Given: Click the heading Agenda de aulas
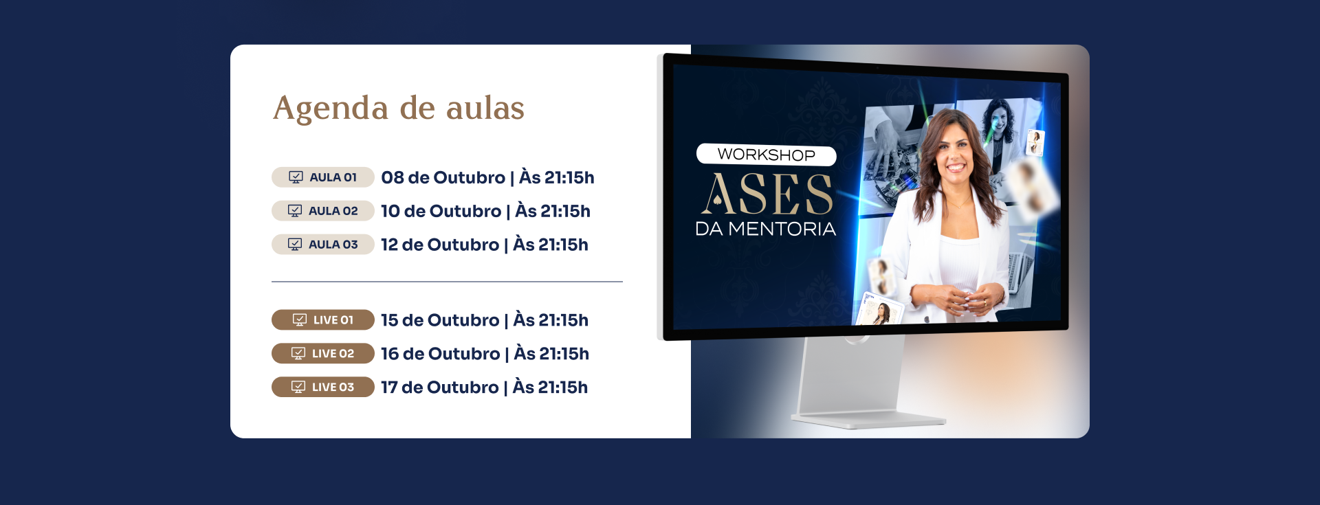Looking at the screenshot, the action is pos(399,109).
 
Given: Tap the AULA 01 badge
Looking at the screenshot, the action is pos(323,177).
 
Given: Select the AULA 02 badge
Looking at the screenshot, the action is pos(323,211).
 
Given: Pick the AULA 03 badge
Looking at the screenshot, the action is pos(323,245).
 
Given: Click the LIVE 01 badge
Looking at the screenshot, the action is pos(323,320).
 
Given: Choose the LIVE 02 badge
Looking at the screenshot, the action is pos(323,354).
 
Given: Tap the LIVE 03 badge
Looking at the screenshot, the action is pos(323,388).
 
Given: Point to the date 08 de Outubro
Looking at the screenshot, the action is pos(443,178).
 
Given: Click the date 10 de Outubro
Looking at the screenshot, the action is pos(441,212).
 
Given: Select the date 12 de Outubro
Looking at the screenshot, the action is pos(440,245).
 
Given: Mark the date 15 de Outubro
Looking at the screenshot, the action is pos(440,321).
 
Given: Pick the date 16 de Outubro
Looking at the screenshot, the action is pos(441,355).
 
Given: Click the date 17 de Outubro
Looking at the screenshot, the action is pos(440,388).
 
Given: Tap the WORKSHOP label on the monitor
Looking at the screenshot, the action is pos(767,155).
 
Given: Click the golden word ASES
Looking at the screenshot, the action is pos(767,194).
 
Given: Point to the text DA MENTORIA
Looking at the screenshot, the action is pos(766,229).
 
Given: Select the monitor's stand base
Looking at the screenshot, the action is pos(868,420).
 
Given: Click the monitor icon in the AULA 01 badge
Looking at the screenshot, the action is pos(296,177).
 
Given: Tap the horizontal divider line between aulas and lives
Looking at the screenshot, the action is pos(447,282).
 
